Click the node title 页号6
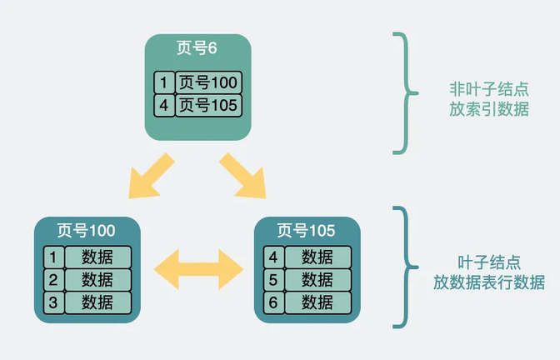point(197,47)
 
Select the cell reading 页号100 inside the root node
point(208,82)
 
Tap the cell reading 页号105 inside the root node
point(208,105)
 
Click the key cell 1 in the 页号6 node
point(164,82)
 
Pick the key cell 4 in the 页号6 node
point(164,105)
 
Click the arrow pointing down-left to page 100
point(151,177)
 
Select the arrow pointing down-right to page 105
point(242,176)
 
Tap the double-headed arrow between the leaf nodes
point(198,269)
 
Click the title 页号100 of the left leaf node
point(87,231)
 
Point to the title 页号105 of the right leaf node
point(307,231)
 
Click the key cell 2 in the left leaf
point(54,280)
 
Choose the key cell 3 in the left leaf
point(54,302)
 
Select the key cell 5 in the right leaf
point(274,280)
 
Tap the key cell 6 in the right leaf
point(274,302)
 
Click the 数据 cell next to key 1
point(98,257)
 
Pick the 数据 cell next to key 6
point(318,302)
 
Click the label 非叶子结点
point(489,89)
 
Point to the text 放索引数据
point(489,109)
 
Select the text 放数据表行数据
point(489,282)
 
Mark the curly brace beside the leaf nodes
point(406,267)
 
